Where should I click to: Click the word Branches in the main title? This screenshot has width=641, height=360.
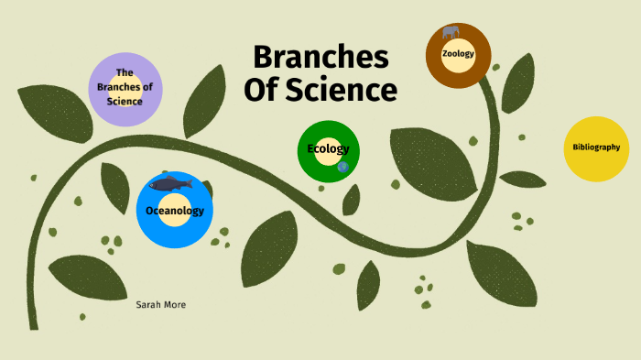pos(320,57)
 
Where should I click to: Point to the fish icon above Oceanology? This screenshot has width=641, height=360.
pos(169,184)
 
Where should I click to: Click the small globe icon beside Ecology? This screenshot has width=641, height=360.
pos(343,167)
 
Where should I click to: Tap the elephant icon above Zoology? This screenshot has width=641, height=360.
pos(451,33)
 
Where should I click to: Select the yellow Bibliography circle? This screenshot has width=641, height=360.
pos(596,147)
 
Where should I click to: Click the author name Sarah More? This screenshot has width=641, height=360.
pos(160,304)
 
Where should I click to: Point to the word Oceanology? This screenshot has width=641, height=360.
pos(174,211)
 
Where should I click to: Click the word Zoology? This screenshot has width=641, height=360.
pos(458,54)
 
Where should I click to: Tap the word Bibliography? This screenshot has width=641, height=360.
pos(596,147)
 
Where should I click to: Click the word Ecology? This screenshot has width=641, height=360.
pos(328,148)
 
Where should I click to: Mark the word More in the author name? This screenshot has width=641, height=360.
pos(175,304)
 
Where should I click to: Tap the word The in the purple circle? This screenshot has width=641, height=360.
pos(125,72)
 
